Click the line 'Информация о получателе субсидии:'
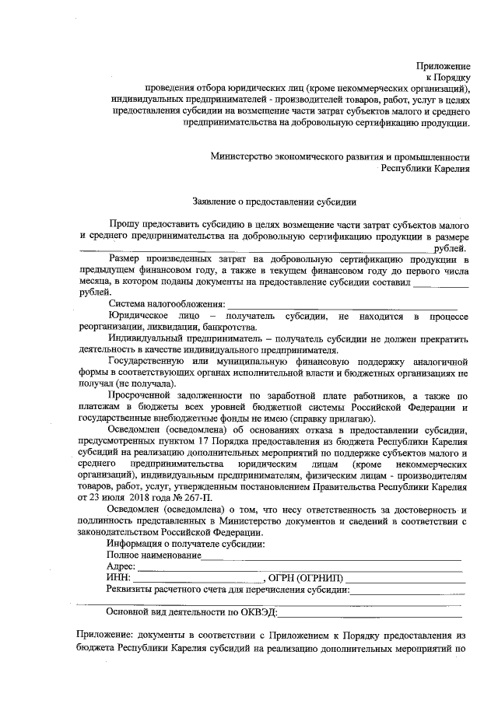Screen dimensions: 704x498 pyautogui.click(x=185, y=543)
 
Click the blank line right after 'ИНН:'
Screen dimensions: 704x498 pyautogui.click(x=198, y=580)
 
